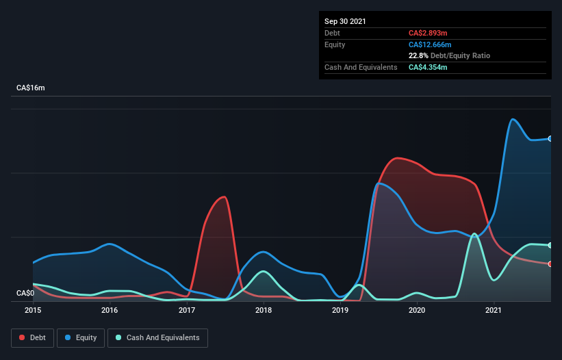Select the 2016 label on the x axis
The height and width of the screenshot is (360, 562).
(110, 310)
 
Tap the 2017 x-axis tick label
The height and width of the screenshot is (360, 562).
(187, 310)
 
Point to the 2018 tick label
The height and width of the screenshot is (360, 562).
(264, 310)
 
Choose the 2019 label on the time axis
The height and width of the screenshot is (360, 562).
(341, 310)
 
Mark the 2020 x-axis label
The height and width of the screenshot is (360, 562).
(418, 310)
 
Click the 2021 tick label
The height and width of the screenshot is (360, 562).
(494, 310)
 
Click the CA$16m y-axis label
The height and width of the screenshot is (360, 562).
(31, 88)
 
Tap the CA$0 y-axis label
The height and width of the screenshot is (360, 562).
(25, 293)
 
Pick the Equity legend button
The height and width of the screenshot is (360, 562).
(81, 337)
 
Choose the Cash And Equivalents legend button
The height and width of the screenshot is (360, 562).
(157, 337)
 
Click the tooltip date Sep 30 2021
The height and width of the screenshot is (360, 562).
(345, 21)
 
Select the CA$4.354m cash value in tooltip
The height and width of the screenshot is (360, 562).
(428, 67)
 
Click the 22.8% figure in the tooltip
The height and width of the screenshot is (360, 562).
(418, 55)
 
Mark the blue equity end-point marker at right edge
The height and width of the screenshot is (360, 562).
(550, 138)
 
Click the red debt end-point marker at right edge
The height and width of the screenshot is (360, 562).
(550, 263)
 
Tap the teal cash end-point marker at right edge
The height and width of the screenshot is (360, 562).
(550, 245)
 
